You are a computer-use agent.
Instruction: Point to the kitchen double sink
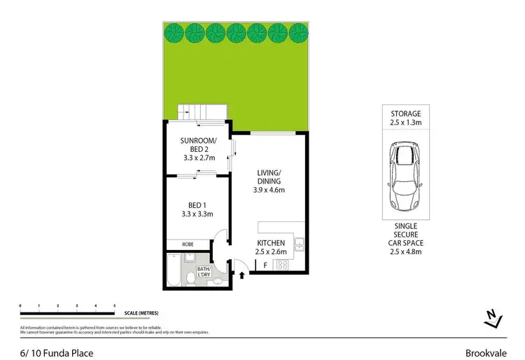(299, 245)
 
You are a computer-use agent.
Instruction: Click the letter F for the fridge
(265, 265)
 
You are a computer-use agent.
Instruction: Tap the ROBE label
(187, 244)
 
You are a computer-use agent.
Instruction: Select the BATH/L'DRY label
(203, 272)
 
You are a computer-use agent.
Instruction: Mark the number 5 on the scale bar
(115, 306)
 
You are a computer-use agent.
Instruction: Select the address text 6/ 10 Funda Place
(55, 353)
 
